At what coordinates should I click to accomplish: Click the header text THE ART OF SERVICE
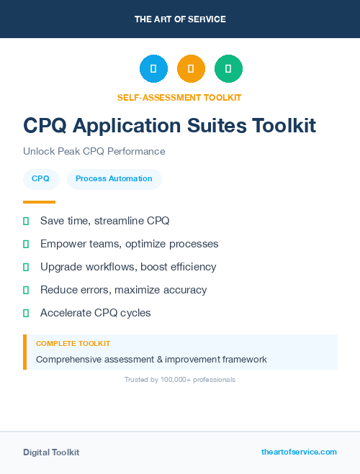pyautogui.click(x=180, y=19)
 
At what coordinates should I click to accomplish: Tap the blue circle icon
pyautogui.click(x=153, y=68)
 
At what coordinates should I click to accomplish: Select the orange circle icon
pyautogui.click(x=191, y=68)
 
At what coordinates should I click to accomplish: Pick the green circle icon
pyautogui.click(x=228, y=68)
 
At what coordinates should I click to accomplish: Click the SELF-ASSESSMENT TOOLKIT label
pyautogui.click(x=179, y=97)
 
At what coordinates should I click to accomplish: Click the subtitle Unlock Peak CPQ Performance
pyautogui.click(x=94, y=151)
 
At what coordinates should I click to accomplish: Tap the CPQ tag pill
pyautogui.click(x=40, y=178)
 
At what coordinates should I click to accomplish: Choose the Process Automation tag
pyautogui.click(x=114, y=178)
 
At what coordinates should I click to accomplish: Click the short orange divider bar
pyautogui.click(x=39, y=202)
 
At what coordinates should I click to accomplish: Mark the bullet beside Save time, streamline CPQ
pyautogui.click(x=27, y=221)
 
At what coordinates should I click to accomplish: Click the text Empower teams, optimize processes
pyautogui.click(x=129, y=244)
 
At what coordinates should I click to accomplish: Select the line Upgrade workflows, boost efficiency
pyautogui.click(x=127, y=267)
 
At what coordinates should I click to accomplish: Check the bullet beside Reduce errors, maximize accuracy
pyautogui.click(x=27, y=290)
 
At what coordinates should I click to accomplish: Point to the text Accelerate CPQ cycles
pyautogui.click(x=95, y=313)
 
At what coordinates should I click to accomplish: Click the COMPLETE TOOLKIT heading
pyautogui.click(x=73, y=344)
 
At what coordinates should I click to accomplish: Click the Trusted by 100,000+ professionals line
pyautogui.click(x=179, y=379)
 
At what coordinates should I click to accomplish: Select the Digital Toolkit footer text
pyautogui.click(x=51, y=452)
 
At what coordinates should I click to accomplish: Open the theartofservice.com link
pyautogui.click(x=299, y=452)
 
